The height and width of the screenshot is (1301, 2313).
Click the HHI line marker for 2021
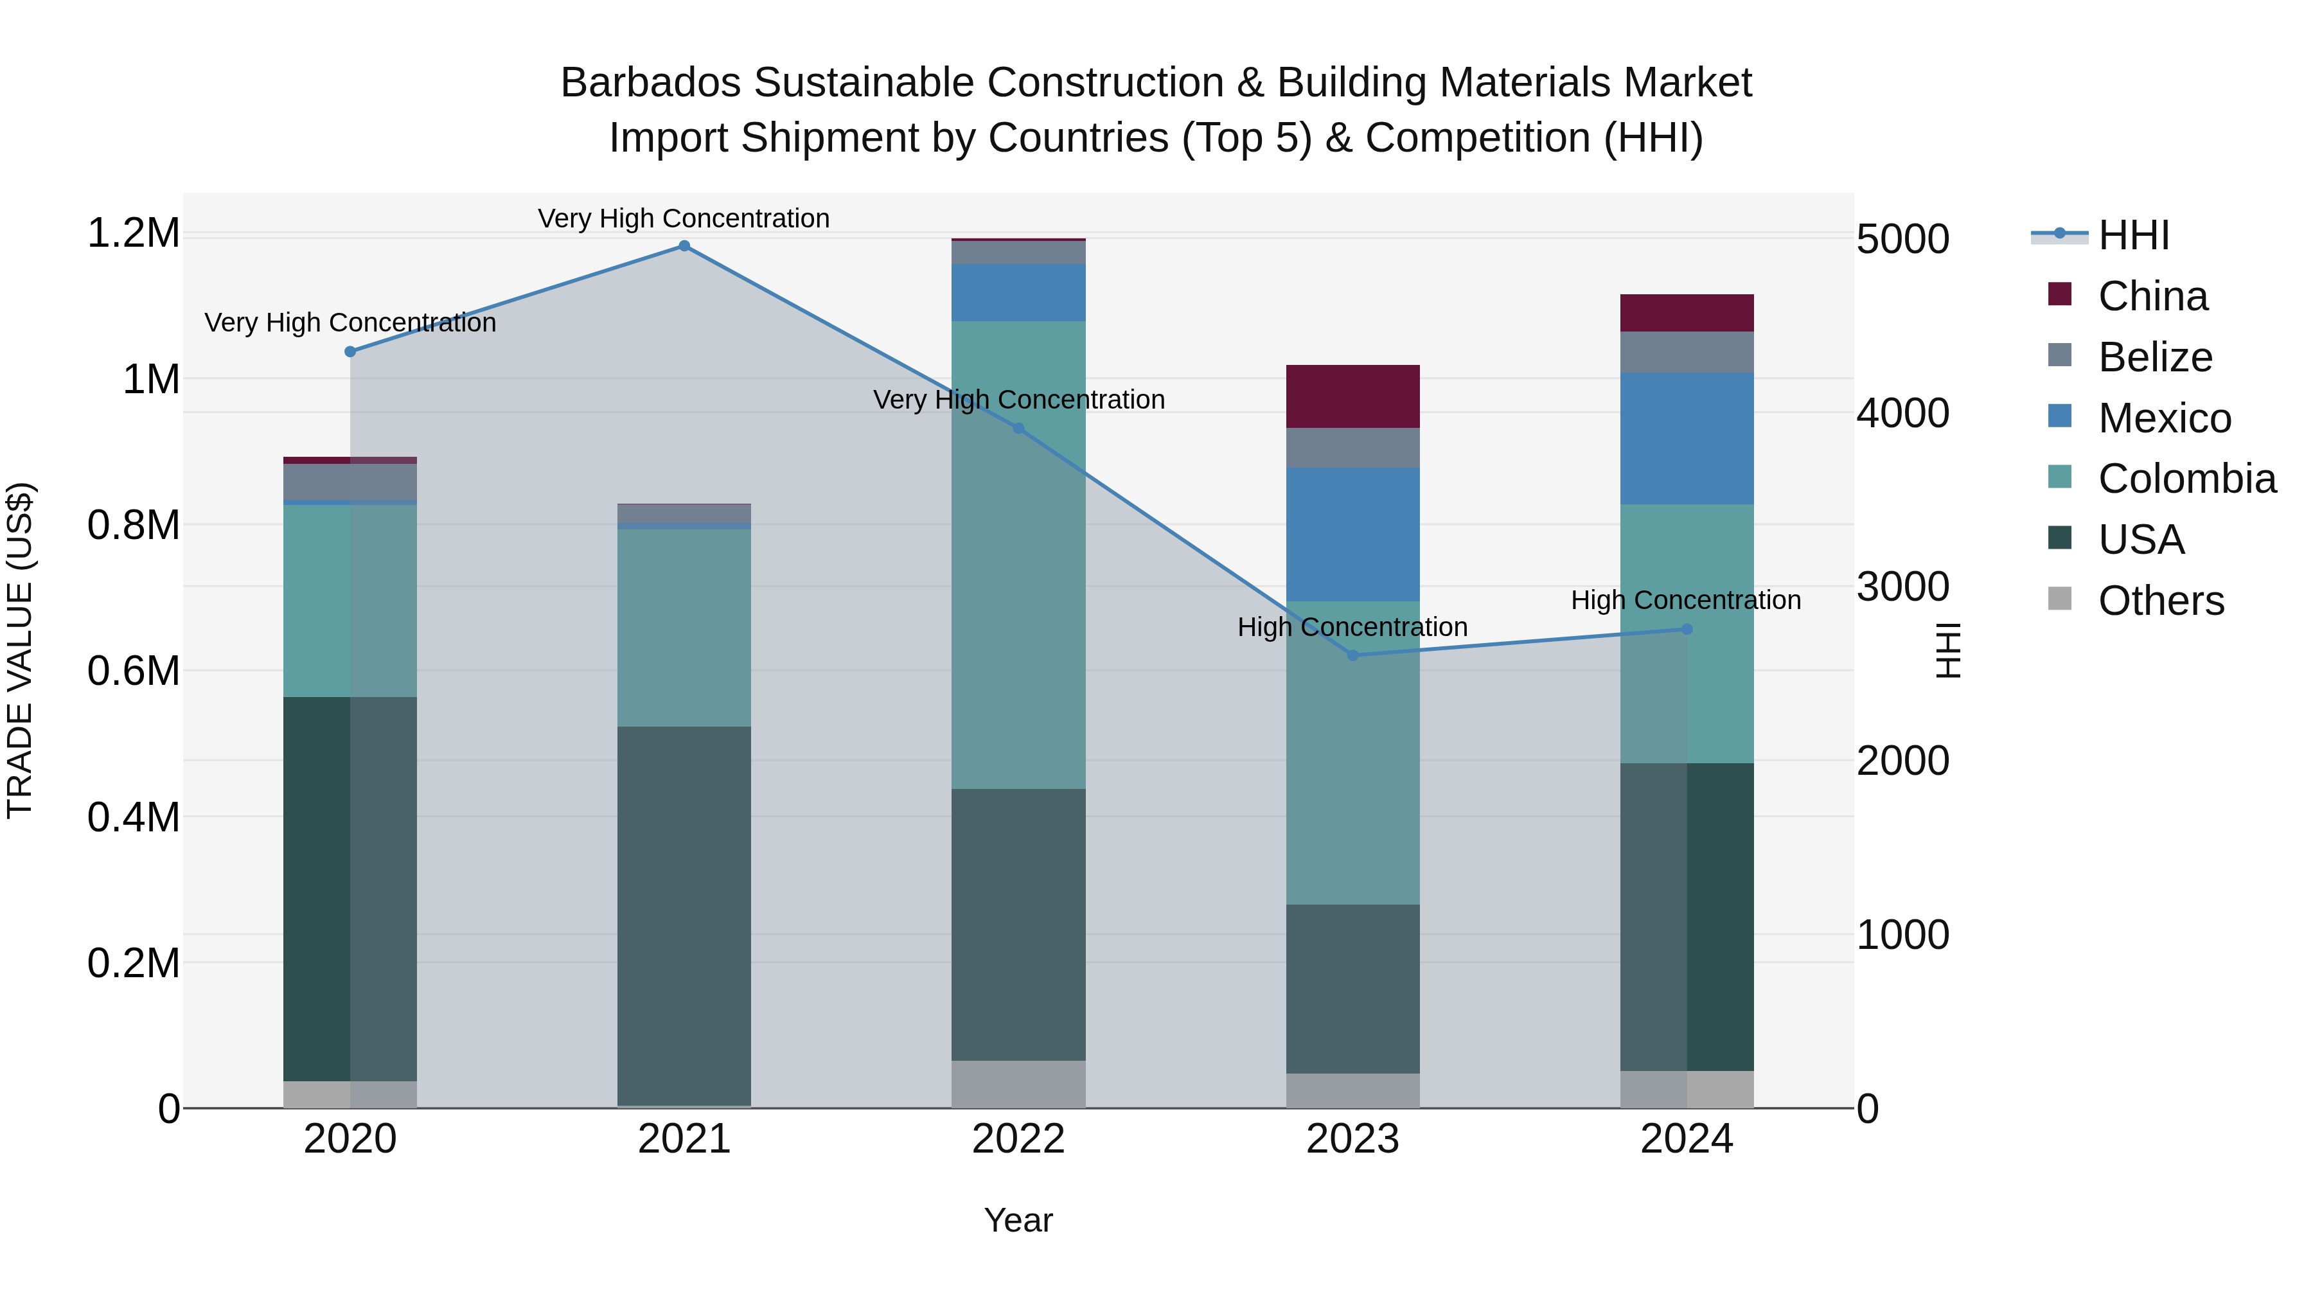[684, 246]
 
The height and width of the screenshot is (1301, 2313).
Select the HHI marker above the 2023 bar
[1353, 655]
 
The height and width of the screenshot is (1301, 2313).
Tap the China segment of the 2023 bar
[1353, 396]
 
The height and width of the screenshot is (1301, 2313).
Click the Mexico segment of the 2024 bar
[1687, 438]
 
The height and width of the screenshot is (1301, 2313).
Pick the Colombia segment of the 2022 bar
[1018, 555]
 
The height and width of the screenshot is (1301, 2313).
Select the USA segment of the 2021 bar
[684, 916]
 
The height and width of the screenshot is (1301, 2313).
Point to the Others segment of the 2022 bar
[1018, 1084]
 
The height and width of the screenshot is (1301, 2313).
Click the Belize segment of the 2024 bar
[1687, 352]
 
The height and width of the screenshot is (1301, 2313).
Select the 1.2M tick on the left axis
[133, 233]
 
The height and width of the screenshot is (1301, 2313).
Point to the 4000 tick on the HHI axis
[1902, 413]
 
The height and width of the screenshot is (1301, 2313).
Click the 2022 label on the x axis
[1018, 1139]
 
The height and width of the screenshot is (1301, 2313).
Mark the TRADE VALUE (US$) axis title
[20, 650]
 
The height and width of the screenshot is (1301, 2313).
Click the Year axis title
[1018, 1220]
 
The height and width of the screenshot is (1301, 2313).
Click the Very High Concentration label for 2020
[350, 323]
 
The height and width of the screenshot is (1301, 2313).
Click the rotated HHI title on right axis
[1947, 650]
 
